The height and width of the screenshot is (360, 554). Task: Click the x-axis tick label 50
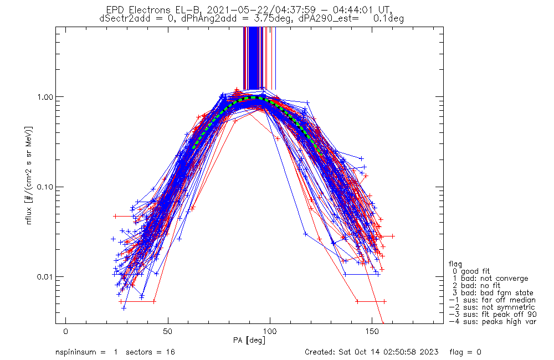click(x=168, y=331)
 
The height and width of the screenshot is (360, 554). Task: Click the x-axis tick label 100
click(x=270, y=331)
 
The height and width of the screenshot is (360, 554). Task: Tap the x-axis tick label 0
click(x=66, y=331)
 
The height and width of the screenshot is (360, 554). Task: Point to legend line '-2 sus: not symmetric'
click(x=492, y=307)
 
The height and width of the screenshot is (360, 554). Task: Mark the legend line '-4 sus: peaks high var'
click(x=492, y=321)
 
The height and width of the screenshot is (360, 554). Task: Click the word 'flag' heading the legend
click(x=456, y=264)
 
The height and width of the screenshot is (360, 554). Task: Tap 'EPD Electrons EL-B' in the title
click(x=145, y=9)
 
